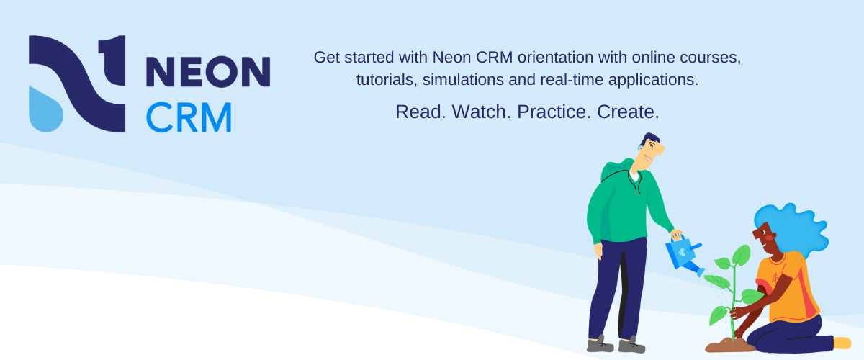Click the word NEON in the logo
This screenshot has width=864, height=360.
click(208, 72)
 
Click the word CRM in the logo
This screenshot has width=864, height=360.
click(189, 117)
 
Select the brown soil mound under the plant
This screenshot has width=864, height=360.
click(729, 345)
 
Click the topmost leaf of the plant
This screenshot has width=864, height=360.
click(741, 254)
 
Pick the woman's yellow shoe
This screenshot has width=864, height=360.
click(841, 343)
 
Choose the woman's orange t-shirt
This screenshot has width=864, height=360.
click(792, 284)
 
